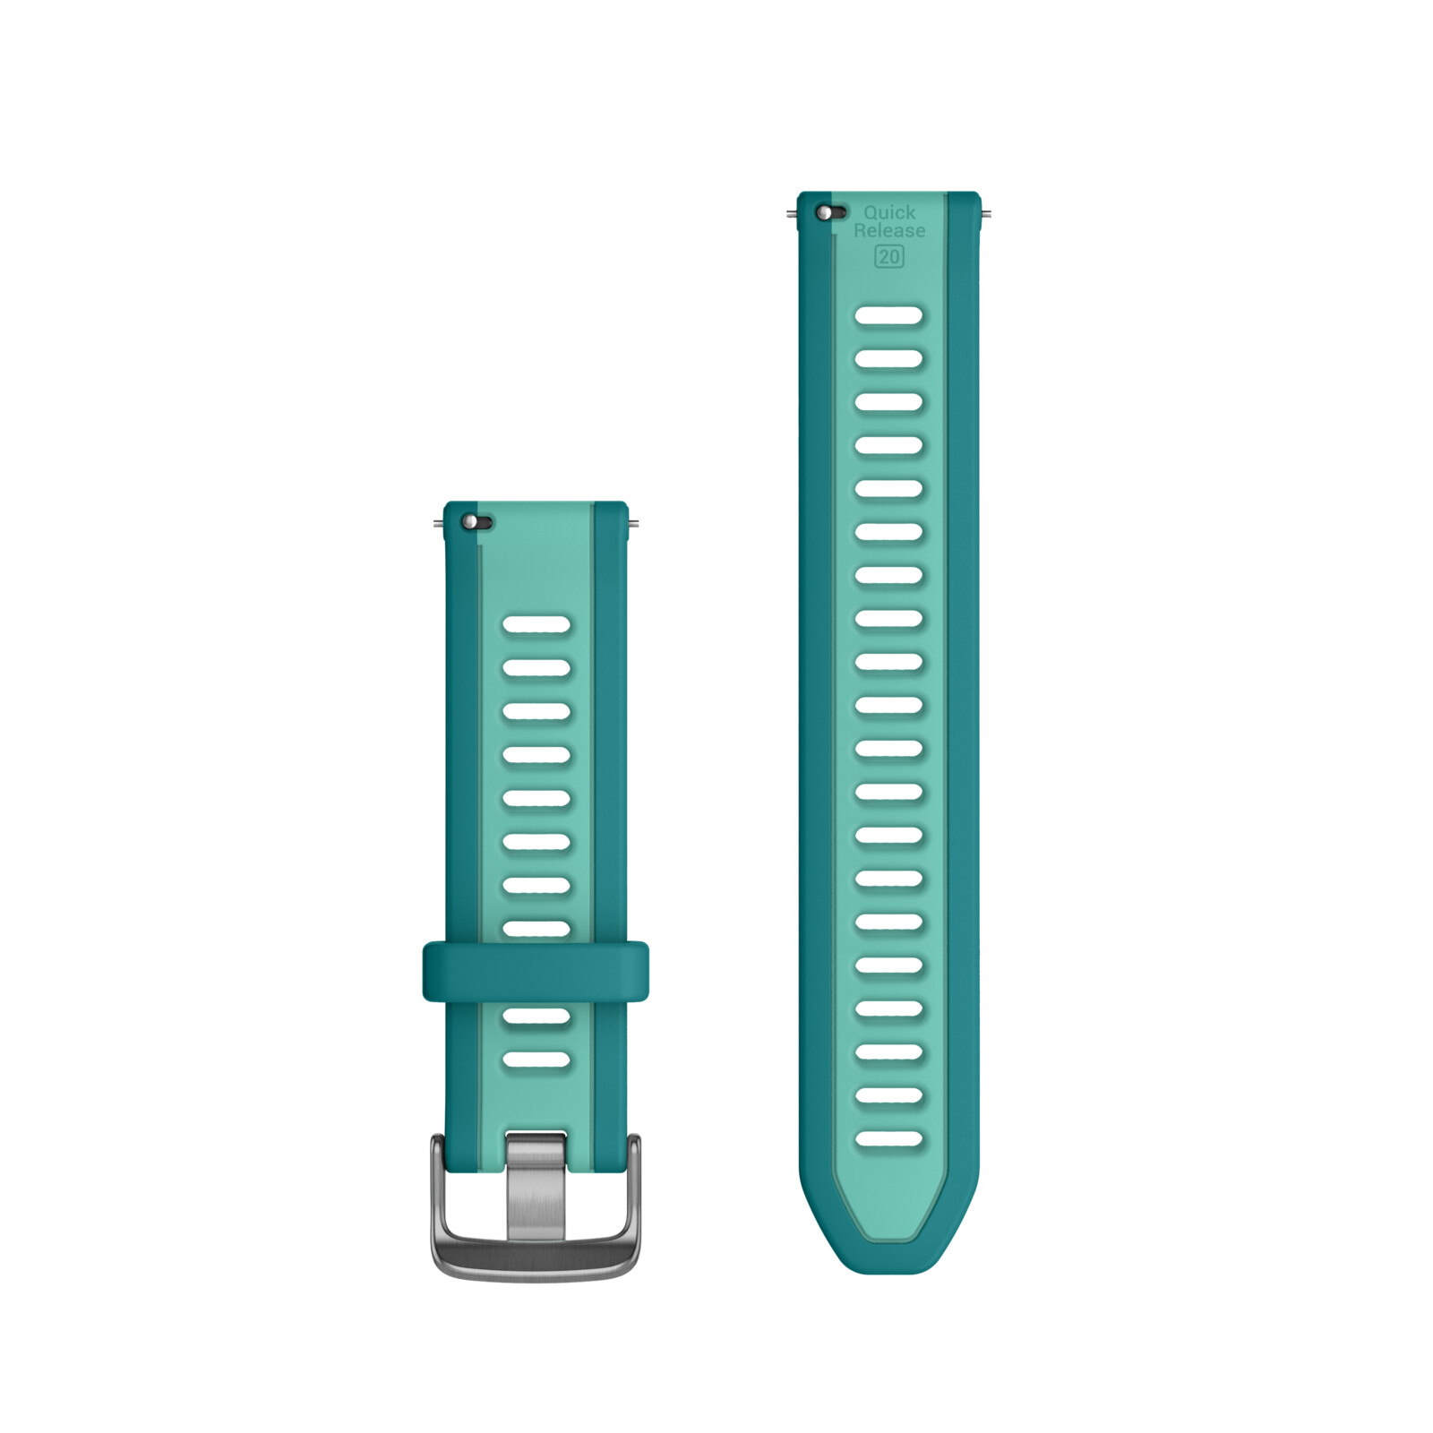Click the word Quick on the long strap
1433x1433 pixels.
(889, 212)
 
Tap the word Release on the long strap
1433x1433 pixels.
(889, 231)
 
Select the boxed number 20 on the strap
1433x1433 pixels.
(889, 257)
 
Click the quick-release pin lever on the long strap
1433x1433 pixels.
(829, 213)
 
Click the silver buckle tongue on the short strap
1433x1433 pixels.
(536, 1187)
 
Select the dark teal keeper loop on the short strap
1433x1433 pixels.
(536, 971)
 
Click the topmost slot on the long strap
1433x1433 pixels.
(888, 315)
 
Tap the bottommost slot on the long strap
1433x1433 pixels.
(888, 1139)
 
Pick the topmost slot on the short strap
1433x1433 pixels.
(536, 624)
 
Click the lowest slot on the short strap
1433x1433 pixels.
(536, 1060)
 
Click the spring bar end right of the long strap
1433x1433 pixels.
(985, 214)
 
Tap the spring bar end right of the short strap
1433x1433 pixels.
(633, 523)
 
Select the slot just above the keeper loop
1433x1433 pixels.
(536, 928)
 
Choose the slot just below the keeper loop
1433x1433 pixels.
(536, 1016)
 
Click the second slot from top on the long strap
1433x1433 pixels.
(888, 359)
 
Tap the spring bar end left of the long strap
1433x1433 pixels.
(792, 214)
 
